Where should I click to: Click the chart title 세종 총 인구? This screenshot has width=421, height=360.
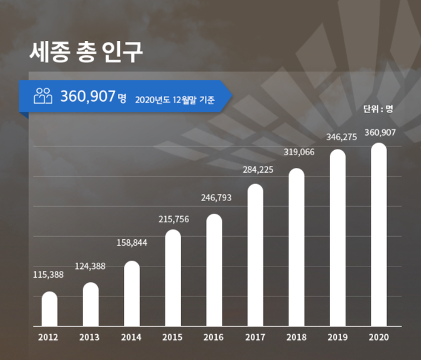coord(86,53)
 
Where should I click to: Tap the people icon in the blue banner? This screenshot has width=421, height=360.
coord(43,96)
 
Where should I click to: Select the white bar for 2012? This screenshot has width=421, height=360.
coord(50,309)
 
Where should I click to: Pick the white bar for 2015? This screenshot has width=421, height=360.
coord(173,278)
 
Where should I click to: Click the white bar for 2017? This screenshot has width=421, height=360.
coord(255,255)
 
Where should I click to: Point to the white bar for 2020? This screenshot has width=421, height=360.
coord(378,235)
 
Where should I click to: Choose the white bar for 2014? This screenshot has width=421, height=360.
coord(132,293)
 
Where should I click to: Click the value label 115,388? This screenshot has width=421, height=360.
coord(48,275)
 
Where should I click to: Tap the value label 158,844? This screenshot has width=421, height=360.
coord(132,243)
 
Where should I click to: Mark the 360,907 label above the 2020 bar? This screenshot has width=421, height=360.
coord(380,132)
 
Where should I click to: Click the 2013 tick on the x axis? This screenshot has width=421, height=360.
coord(90,337)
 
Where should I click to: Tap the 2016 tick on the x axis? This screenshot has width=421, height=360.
coord(214,337)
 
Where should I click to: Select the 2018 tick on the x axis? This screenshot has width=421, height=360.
coord(297,337)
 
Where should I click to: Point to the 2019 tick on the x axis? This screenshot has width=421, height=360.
coord(337,337)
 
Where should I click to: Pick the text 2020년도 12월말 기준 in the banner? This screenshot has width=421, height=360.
coord(175,99)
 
